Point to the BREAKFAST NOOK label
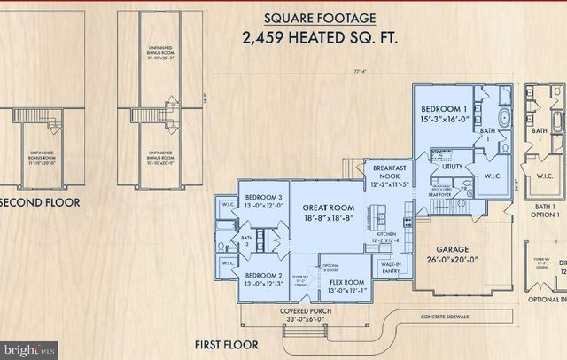point(391,173)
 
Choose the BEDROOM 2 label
point(263,276)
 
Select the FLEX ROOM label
point(348,284)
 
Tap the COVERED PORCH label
point(306,311)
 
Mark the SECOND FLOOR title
point(40,202)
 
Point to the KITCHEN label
point(386,234)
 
